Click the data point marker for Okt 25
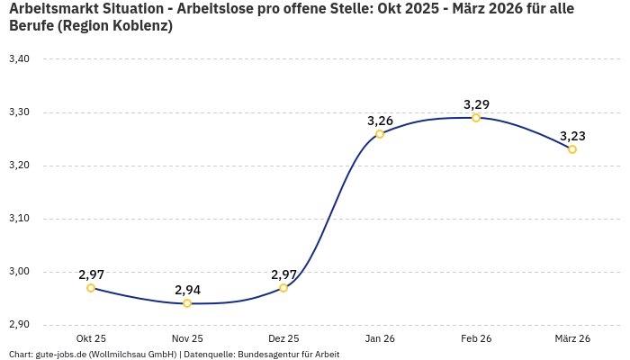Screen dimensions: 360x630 pos(91,288)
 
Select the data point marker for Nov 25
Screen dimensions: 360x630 pos(187,303)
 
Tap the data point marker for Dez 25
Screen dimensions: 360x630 pos(283,288)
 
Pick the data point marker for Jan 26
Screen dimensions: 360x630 pos(380,134)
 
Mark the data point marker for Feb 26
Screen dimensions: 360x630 pos(476,118)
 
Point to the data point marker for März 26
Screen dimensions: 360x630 pos(572,149)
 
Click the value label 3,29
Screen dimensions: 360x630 pos(476,104)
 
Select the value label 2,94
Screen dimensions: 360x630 pos(187,290)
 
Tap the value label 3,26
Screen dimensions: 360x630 pos(380,121)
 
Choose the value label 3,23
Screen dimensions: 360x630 pos(572,136)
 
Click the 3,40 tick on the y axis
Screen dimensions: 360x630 pos(19,59)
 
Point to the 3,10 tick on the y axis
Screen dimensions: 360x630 pos(19,219)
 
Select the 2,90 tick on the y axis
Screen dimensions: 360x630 pos(19,325)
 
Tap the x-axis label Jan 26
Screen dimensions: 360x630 pos(380,338)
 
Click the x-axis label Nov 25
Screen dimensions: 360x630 pos(187,338)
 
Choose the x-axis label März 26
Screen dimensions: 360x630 pos(572,338)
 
